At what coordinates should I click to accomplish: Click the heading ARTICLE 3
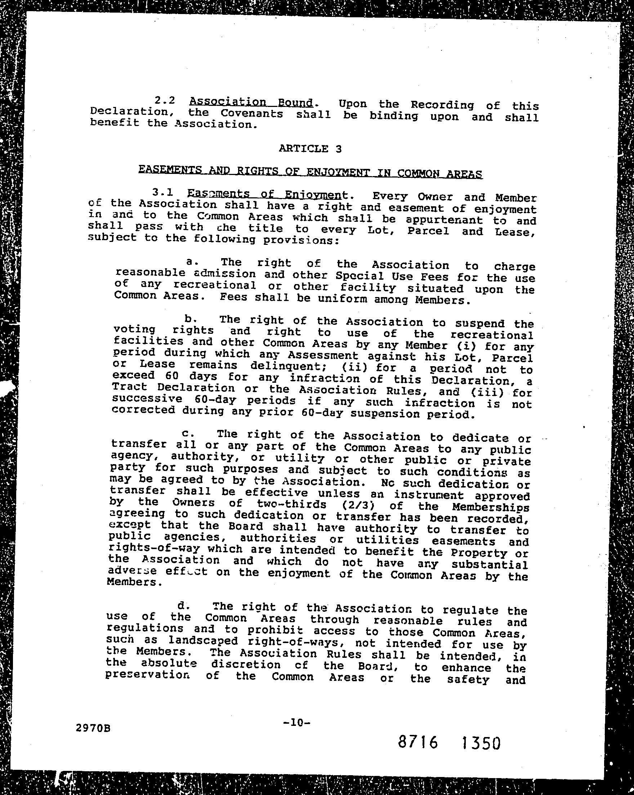tap(310, 149)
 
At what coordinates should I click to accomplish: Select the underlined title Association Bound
tap(250, 102)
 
